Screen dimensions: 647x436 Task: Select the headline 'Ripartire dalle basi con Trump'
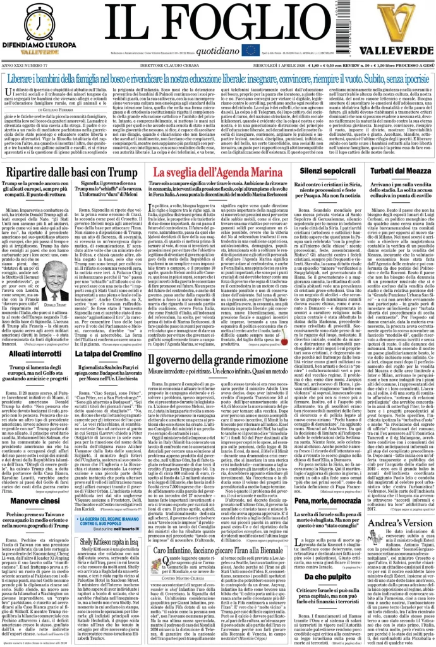[72, 172]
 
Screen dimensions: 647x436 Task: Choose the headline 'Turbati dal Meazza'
[398, 171]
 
